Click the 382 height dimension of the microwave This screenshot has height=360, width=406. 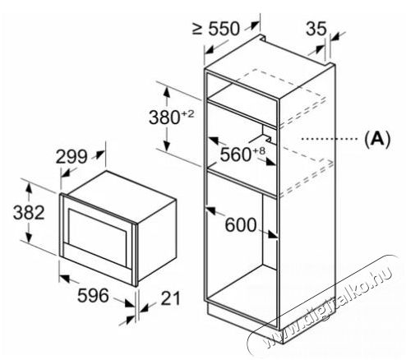point(29,212)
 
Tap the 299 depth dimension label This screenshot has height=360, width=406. point(72,157)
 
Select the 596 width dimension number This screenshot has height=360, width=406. point(93,296)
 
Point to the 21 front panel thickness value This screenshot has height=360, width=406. point(171,298)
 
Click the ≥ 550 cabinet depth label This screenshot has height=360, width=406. point(216,29)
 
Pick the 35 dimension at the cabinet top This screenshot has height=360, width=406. point(316,29)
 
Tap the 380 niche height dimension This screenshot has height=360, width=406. point(164,118)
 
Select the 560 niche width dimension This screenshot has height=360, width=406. point(236,155)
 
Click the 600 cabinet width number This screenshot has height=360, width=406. point(241,224)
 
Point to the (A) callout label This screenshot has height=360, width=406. point(377,139)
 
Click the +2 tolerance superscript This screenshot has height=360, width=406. point(187,113)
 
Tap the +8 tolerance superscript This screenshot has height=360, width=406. point(259,150)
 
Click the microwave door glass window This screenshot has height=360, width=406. point(98,238)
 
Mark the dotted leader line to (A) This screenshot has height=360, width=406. point(330,139)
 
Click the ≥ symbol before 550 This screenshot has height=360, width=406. point(197,29)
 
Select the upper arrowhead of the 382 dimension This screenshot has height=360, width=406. point(29,189)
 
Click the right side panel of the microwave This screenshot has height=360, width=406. point(156,242)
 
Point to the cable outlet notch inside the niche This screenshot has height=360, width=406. point(268,135)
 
